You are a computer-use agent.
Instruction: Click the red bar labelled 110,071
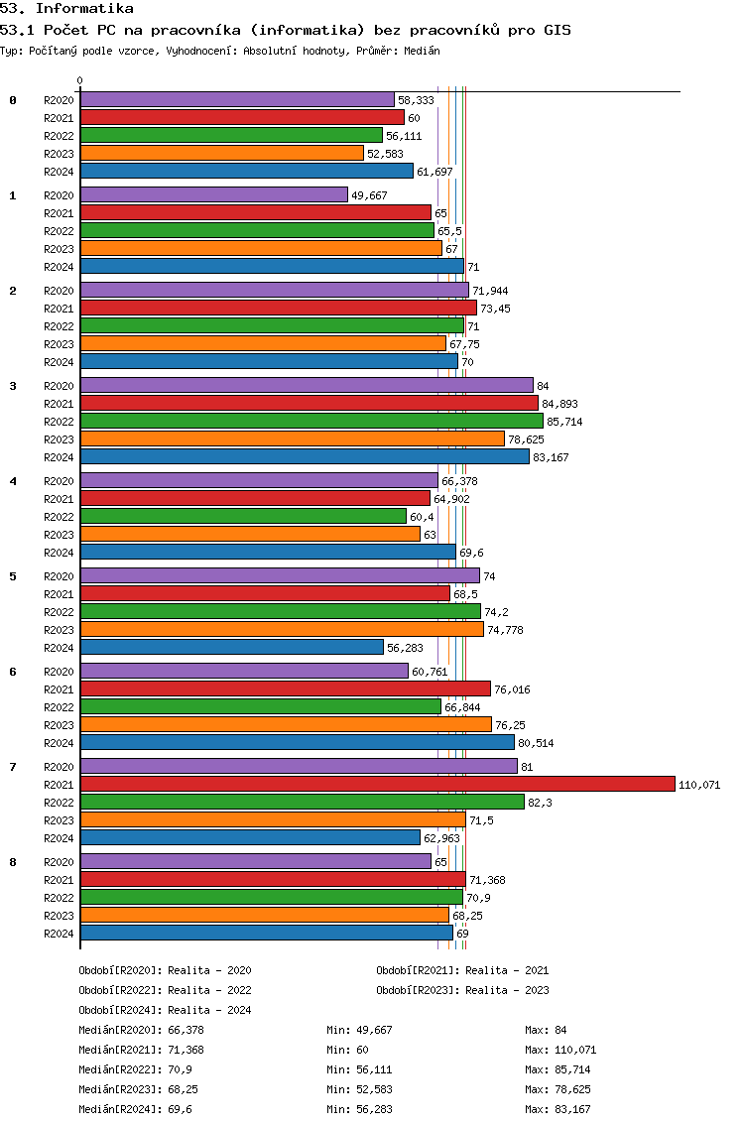click(x=378, y=784)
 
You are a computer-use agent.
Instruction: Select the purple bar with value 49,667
click(x=214, y=194)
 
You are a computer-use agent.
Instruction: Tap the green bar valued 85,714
click(x=311, y=422)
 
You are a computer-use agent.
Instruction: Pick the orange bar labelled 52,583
click(x=222, y=153)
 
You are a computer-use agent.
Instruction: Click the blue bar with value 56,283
click(x=232, y=648)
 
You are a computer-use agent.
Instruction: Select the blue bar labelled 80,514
click(x=298, y=742)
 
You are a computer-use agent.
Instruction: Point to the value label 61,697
click(x=434, y=172)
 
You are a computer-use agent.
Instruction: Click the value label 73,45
click(x=495, y=309)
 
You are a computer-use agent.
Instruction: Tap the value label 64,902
click(x=451, y=499)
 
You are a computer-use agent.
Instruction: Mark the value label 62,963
click(x=441, y=838)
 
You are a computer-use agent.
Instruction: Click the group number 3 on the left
click(x=13, y=386)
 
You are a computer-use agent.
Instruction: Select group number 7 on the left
click(x=13, y=767)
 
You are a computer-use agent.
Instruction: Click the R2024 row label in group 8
click(x=59, y=934)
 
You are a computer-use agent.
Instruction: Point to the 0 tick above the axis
click(x=79, y=81)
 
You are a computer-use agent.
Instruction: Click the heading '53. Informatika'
click(x=66, y=9)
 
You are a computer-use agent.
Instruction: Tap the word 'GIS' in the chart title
click(x=558, y=30)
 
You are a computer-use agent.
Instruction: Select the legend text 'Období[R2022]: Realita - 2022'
click(x=166, y=990)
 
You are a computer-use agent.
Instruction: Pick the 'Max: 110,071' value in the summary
click(x=560, y=1050)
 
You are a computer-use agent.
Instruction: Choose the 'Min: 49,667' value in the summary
click(x=359, y=1030)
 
